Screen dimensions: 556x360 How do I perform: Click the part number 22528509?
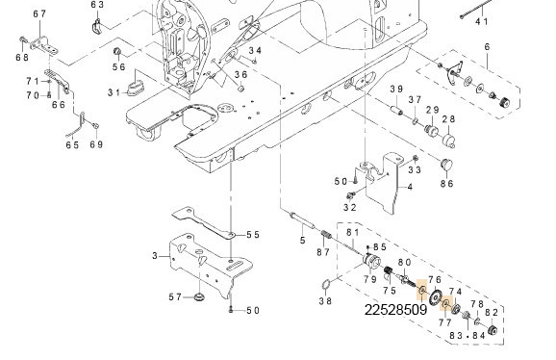pos(395,310)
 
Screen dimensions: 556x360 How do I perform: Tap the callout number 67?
pos(39,14)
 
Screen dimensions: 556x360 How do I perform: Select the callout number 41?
pos(482,21)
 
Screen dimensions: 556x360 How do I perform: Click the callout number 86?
pos(446,184)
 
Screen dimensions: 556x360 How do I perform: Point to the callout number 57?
pos(175,296)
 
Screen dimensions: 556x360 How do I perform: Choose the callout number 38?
pos(325,301)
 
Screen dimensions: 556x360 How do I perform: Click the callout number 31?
pos(114,93)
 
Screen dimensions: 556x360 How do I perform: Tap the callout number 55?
pos(253,235)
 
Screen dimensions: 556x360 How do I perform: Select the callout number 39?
pos(396,89)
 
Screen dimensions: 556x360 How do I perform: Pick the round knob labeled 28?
pos(449,141)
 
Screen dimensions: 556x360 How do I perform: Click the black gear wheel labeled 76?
pos(435,297)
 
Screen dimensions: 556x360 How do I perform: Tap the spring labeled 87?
pos(326,235)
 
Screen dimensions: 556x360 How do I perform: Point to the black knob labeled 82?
pos(493,330)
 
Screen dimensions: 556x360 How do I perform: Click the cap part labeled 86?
pos(446,165)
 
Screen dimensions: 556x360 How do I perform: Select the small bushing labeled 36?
pos(240,88)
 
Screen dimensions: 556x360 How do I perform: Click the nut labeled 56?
pos(116,52)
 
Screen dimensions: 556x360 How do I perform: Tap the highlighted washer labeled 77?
pos(446,303)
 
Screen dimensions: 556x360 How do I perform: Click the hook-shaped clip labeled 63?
pos(97,26)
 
